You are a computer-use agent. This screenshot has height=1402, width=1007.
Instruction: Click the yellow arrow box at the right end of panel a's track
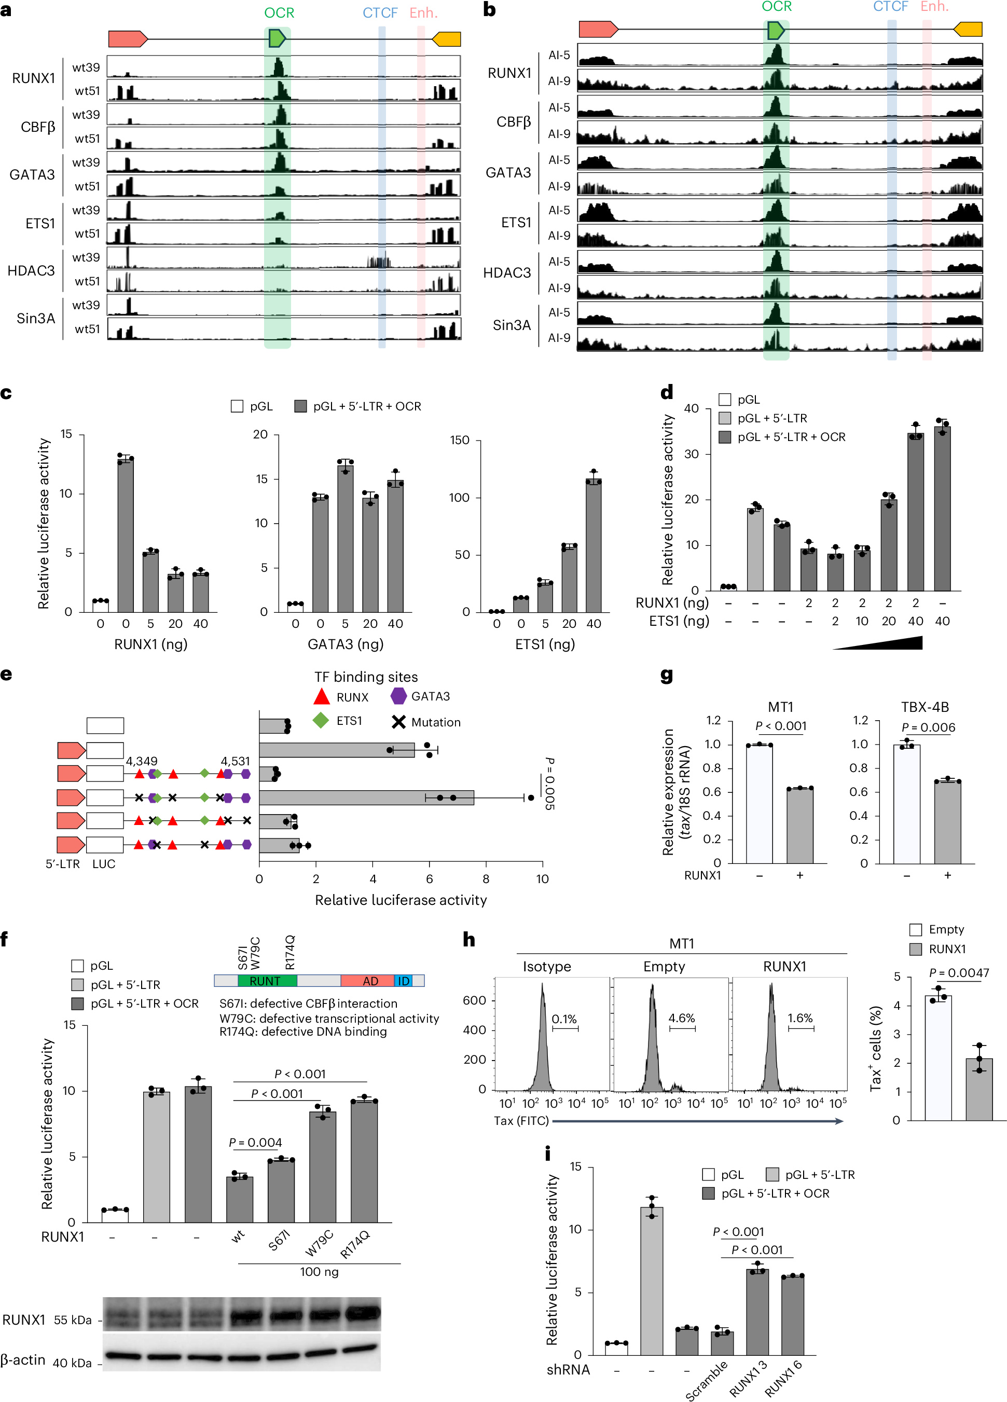click(447, 39)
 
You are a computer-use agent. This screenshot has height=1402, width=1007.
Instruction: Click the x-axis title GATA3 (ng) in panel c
click(345, 644)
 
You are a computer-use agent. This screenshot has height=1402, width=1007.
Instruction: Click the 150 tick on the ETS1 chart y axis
click(459, 440)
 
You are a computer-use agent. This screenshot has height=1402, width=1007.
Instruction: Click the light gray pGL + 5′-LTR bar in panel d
click(755, 549)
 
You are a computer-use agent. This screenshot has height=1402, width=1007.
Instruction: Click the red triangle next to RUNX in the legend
click(322, 697)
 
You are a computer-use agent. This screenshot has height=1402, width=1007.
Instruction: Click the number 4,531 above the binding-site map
click(235, 761)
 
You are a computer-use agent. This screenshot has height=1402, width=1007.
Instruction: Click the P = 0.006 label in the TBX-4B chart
click(928, 727)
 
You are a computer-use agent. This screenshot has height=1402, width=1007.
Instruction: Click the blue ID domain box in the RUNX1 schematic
click(403, 981)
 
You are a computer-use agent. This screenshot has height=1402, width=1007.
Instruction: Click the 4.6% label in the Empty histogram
click(681, 1018)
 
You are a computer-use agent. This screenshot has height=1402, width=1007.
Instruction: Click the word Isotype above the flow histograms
click(546, 967)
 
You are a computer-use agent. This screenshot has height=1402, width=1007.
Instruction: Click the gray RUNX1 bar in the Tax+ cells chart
click(978, 1089)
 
